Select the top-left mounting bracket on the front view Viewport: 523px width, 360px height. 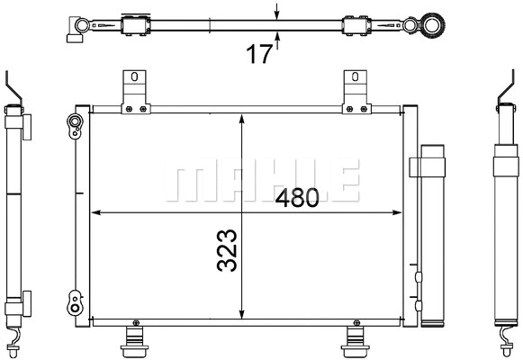[135, 90]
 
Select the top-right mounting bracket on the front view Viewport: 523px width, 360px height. [354, 90]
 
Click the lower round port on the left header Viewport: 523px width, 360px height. [73, 295]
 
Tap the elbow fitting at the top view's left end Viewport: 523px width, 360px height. [73, 29]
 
